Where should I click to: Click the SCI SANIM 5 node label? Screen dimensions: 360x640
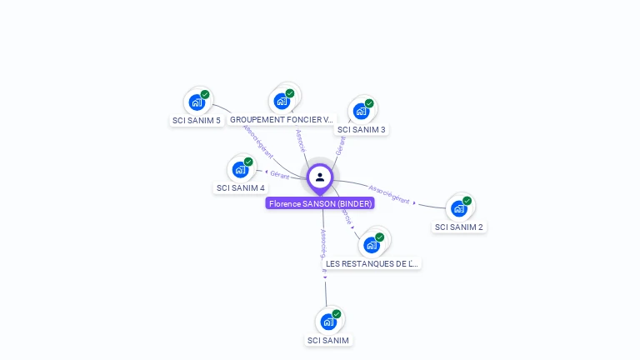(x=197, y=120)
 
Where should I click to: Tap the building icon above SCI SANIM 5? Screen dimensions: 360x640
(x=197, y=102)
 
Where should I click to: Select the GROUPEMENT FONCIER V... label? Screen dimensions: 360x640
(x=282, y=120)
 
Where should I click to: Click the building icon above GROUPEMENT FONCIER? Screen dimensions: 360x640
(x=282, y=101)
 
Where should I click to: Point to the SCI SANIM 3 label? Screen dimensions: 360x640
(x=361, y=129)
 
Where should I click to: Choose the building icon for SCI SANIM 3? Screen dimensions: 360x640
(x=361, y=110)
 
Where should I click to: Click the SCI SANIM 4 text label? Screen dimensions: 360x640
(x=240, y=187)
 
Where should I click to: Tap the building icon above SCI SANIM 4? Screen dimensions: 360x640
(x=240, y=169)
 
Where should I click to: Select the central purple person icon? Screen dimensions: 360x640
(x=320, y=177)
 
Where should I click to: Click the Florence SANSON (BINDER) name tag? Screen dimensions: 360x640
(x=320, y=203)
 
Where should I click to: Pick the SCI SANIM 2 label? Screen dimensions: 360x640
(x=459, y=227)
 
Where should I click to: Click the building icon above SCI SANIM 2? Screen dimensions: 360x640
(x=459, y=207)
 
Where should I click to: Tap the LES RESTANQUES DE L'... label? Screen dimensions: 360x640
(x=372, y=263)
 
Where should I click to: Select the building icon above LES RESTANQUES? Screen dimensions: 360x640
(x=372, y=244)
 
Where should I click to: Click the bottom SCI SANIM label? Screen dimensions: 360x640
(x=328, y=340)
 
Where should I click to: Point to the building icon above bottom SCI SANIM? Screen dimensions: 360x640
(x=328, y=321)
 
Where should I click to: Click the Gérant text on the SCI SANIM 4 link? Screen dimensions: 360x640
(x=280, y=175)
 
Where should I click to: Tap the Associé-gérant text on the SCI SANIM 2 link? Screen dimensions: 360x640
(x=389, y=194)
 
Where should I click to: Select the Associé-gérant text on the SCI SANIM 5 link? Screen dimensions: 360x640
(x=257, y=142)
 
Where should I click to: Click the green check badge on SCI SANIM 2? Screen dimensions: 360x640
(x=467, y=200)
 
